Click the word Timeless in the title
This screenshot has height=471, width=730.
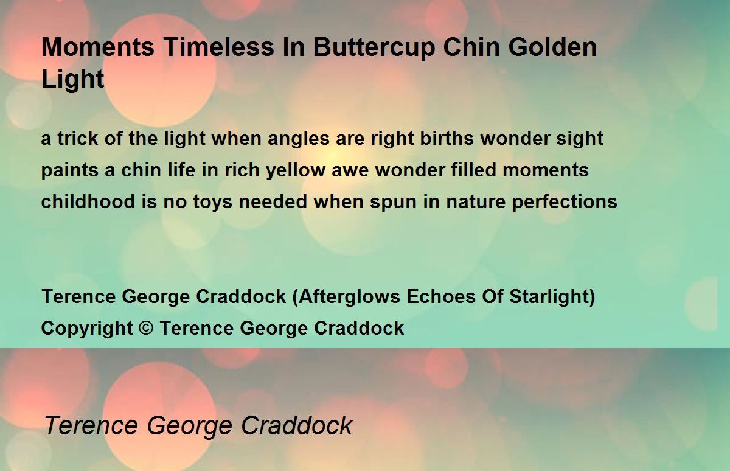pyautogui.click(x=218, y=47)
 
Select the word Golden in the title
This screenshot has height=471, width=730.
pyautogui.click(x=553, y=47)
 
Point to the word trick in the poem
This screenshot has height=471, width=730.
pyautogui.click(x=78, y=138)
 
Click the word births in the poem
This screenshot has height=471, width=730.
pyautogui.click(x=447, y=138)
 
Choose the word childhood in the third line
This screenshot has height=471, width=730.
pyautogui.click(x=88, y=201)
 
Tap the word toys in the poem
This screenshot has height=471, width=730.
pyautogui.click(x=212, y=203)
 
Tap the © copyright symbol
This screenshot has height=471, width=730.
pyautogui.click(x=146, y=327)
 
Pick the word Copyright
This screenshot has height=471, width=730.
pyautogui.click(x=87, y=329)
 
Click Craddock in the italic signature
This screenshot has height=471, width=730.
pyautogui.click(x=297, y=425)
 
